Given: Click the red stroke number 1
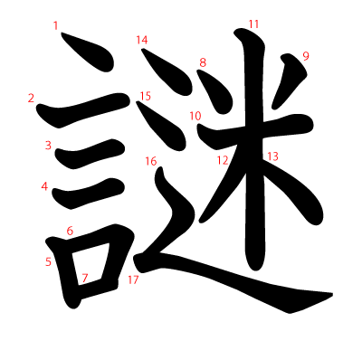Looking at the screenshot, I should (x=56, y=26).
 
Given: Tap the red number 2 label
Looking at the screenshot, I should (x=31, y=98).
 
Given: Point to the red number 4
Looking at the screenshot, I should (x=44, y=186).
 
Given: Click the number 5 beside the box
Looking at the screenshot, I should (x=48, y=262).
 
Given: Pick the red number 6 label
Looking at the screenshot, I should (x=70, y=231).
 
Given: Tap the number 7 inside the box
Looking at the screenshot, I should (x=85, y=278).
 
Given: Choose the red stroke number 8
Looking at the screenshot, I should (x=203, y=62).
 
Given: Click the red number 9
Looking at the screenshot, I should (x=306, y=56).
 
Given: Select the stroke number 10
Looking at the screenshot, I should (x=195, y=116).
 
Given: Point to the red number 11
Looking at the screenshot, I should (x=253, y=24).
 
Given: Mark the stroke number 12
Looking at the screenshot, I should (x=222, y=160).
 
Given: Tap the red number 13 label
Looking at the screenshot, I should (x=272, y=156).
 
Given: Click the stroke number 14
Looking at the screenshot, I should (x=141, y=40).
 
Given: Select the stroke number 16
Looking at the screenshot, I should (x=150, y=162).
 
